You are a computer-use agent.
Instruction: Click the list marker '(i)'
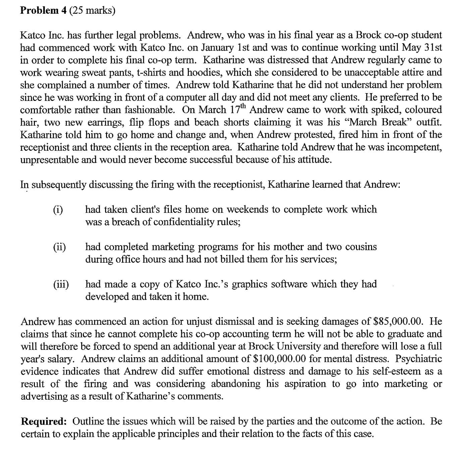click(x=58, y=210)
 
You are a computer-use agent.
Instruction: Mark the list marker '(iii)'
click(x=61, y=284)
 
